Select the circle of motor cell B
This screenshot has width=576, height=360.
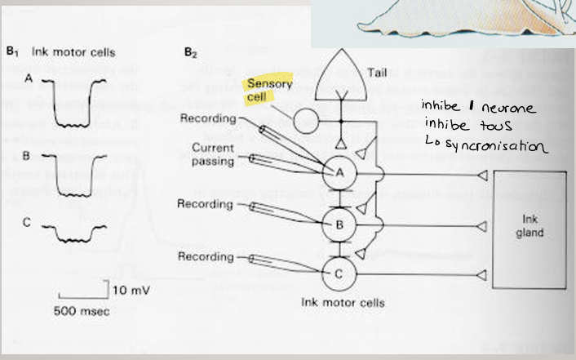click(x=337, y=221)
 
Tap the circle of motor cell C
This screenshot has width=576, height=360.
click(x=337, y=273)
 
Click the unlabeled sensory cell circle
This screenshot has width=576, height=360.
click(x=307, y=121)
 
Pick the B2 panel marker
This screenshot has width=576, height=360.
click(x=190, y=53)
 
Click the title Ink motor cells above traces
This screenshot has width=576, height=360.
click(x=74, y=53)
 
